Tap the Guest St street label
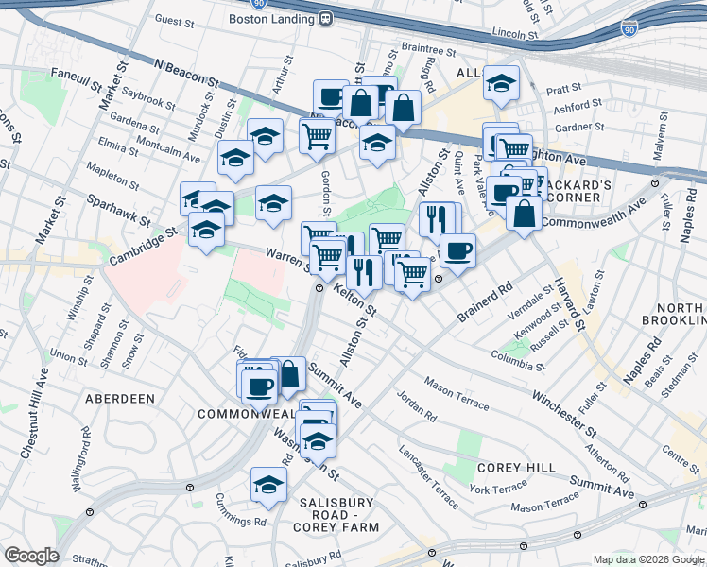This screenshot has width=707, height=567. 174,20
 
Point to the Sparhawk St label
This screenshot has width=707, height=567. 116,210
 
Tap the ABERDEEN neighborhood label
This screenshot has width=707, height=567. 120,399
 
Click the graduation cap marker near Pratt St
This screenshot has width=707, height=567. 501,82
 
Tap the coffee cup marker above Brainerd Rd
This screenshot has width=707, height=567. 457,250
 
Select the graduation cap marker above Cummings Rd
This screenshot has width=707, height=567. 268,485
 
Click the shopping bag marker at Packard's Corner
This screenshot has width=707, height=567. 524,214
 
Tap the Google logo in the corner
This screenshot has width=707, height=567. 31,556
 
